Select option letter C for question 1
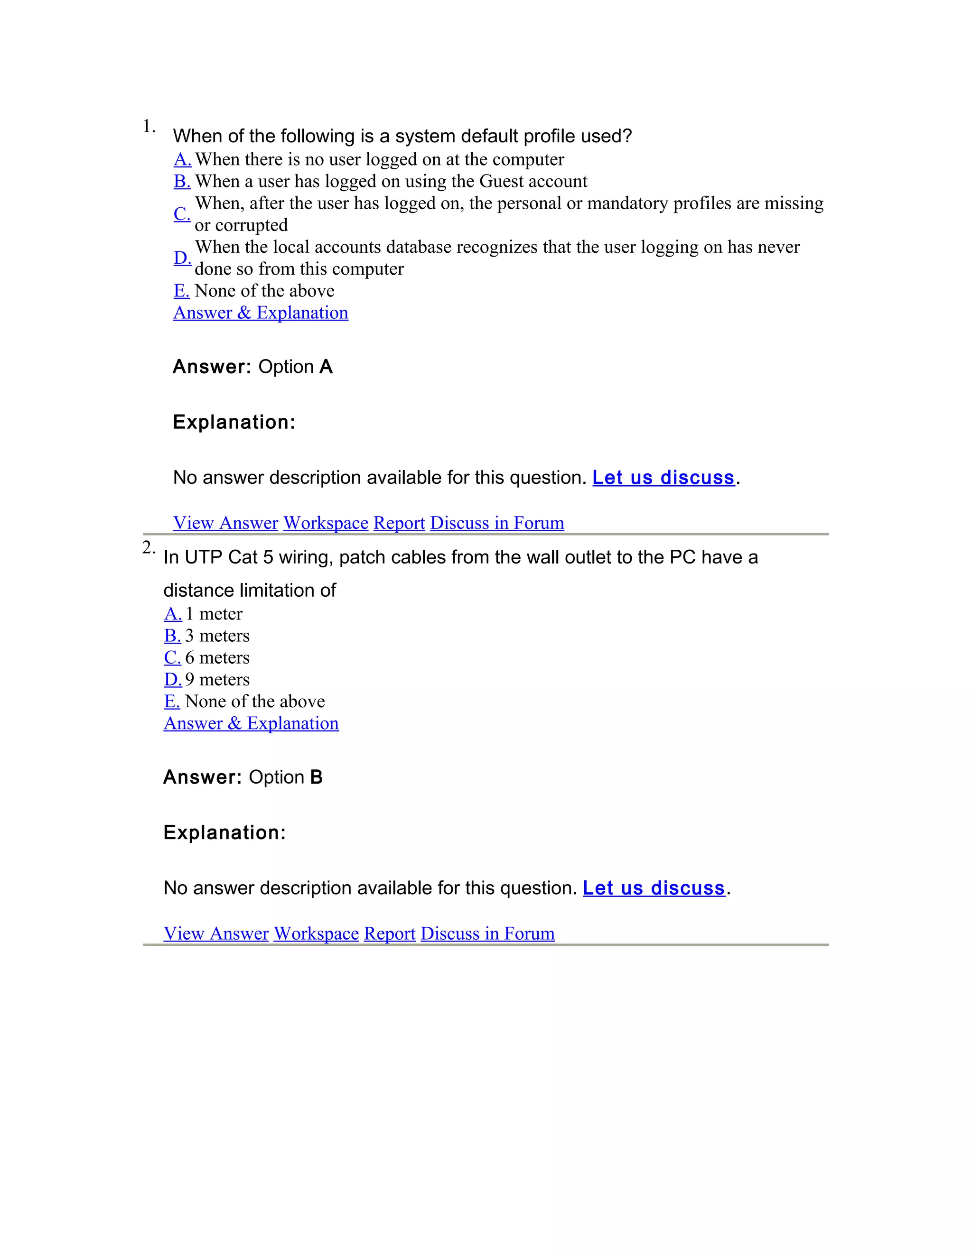tap(182, 214)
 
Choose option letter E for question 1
tap(181, 291)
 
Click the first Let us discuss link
tap(664, 478)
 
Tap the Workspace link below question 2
tap(316, 933)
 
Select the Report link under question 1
tap(399, 523)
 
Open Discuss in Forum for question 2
tap(487, 933)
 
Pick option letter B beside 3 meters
tap(172, 636)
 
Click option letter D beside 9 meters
tap(173, 680)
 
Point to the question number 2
tap(148, 547)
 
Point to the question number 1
tap(149, 126)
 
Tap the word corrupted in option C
tap(251, 225)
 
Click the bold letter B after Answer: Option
tap(316, 777)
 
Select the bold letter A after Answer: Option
tap(326, 367)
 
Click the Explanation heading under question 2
tap(224, 832)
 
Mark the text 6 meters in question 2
tap(217, 658)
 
